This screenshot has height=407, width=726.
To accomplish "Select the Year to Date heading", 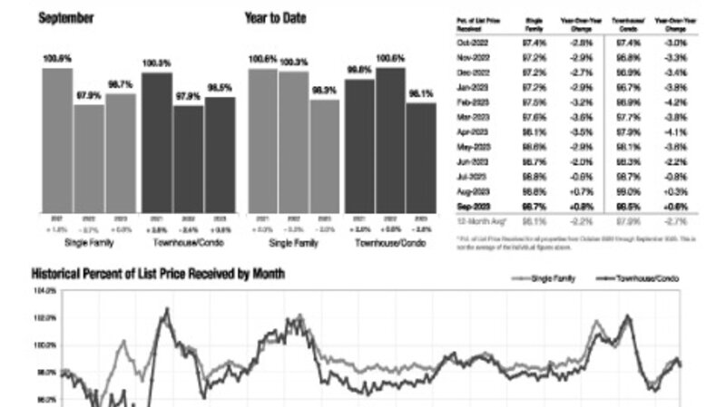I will (276, 17).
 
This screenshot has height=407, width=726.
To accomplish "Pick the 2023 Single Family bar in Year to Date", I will (324, 155).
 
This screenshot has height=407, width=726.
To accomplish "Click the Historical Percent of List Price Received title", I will (158, 273).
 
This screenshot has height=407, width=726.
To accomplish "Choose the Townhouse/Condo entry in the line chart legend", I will (645, 278).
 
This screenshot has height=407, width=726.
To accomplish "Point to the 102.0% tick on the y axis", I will (45, 318).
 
